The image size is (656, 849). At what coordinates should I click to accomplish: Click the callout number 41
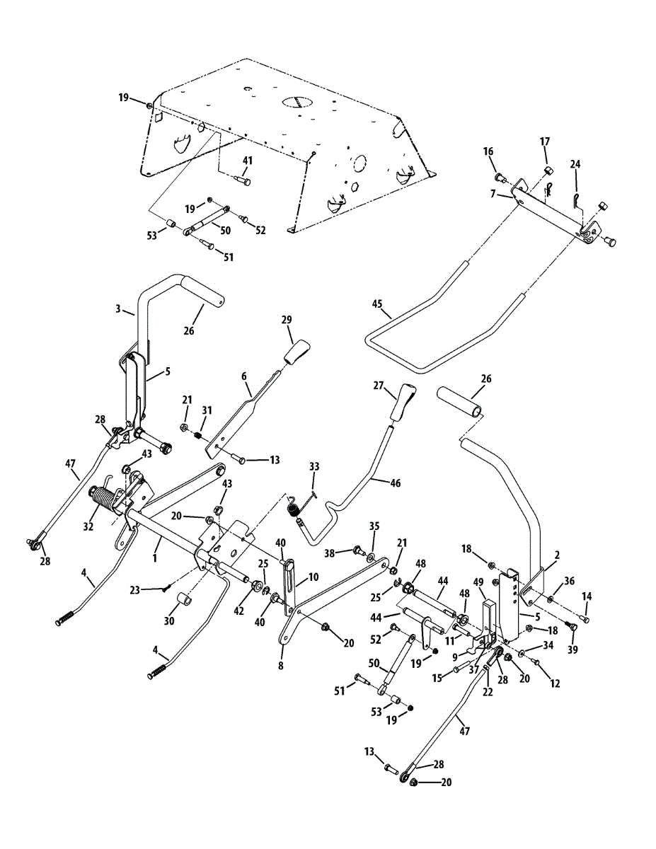[247, 161]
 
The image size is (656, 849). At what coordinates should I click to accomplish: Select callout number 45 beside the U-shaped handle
[376, 306]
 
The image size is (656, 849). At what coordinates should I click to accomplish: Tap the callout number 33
[314, 466]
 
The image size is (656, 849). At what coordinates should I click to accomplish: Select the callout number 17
[544, 142]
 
